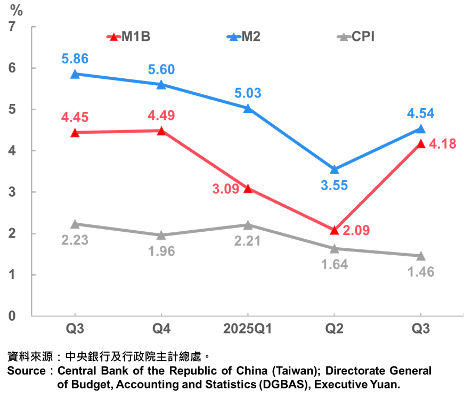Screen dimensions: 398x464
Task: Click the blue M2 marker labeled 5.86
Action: tap(75, 74)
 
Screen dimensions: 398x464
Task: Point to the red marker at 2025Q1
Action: tap(248, 188)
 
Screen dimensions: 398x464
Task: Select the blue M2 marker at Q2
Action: tap(335, 169)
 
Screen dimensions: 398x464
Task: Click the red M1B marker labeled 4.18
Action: tap(421, 144)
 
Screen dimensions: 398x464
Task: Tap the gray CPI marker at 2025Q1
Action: tap(248, 225)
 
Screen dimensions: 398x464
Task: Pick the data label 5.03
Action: tap(248, 94)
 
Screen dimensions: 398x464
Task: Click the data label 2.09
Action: tap(356, 231)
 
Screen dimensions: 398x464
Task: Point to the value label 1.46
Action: tap(421, 272)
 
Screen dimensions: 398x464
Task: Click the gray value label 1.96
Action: tap(161, 252)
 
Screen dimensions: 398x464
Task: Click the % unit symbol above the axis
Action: tap(17, 10)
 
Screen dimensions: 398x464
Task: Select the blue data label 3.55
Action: tap(334, 186)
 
